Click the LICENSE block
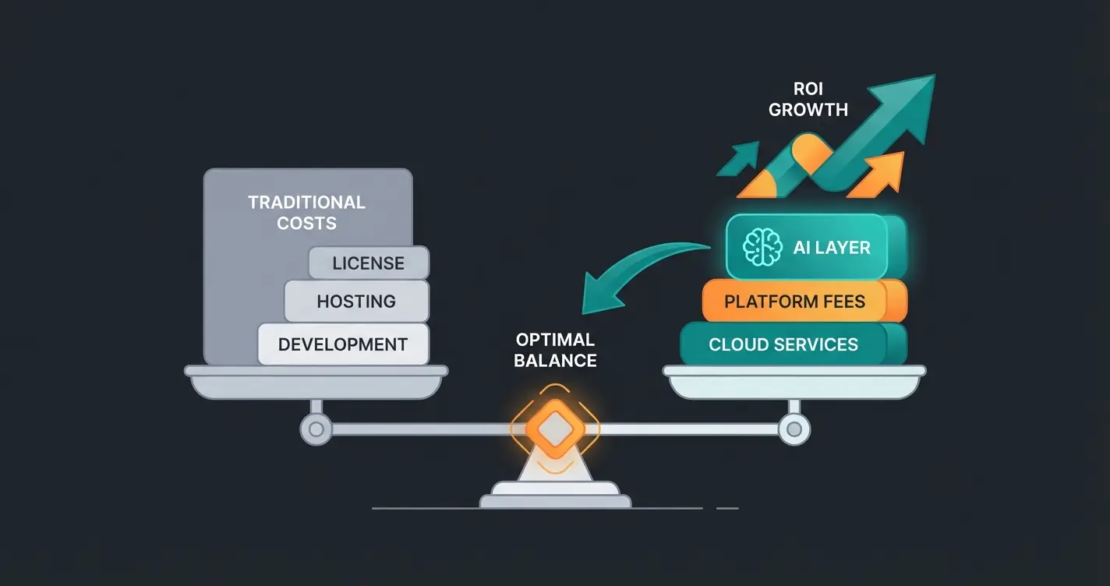coord(369,263)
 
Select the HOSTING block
coord(356,302)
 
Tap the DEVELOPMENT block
coord(343,344)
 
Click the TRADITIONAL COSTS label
coord(306,213)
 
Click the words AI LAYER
coord(831,248)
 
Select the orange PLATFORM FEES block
coord(795,302)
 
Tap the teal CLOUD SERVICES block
coord(783,344)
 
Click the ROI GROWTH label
coord(808,100)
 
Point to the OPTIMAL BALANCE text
coord(556,350)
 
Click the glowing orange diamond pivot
coord(554,429)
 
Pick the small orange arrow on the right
coord(881,175)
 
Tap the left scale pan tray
coord(316,382)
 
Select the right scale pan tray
coord(794,382)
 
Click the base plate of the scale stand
coord(555,500)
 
